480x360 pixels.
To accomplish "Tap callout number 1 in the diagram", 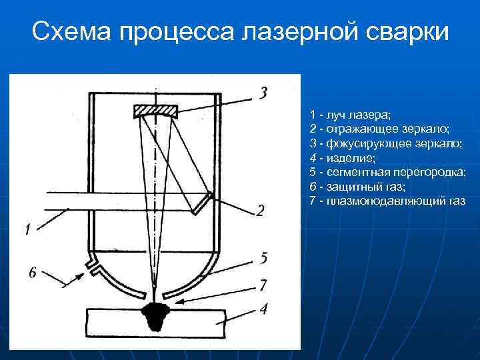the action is point(27,230).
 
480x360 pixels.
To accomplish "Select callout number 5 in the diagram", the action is point(263,257).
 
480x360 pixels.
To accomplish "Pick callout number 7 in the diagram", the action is point(263,285).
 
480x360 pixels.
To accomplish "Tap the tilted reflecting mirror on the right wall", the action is point(203,203).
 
